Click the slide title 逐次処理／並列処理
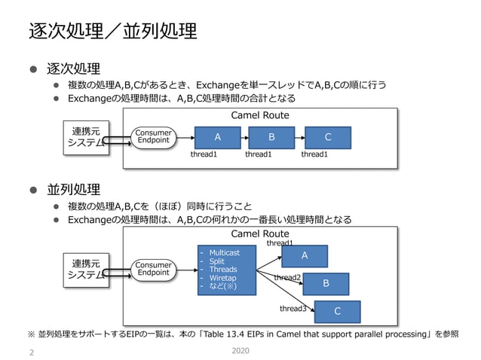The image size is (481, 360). click(x=113, y=31)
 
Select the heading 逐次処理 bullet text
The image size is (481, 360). click(x=74, y=69)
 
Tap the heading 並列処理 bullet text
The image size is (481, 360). click(x=74, y=188)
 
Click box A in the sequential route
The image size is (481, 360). click(x=218, y=137)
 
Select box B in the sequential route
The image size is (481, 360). click(x=271, y=137)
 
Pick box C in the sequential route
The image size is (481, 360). click(x=327, y=137)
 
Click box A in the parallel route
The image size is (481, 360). click(x=305, y=256)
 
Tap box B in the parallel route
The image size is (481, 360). click(x=326, y=283)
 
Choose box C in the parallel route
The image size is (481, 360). click(x=337, y=311)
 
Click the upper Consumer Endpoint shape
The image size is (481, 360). click(x=153, y=137)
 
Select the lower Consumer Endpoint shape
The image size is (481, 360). click(x=153, y=269)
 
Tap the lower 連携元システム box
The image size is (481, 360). click(x=86, y=269)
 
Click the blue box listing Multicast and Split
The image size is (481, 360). click(x=225, y=269)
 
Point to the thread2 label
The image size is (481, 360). click(x=287, y=278)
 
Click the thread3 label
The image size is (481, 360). click(x=293, y=309)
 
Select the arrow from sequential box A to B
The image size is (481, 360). click(x=245, y=137)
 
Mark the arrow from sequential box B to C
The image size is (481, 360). click(x=299, y=137)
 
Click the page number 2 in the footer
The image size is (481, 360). click(x=31, y=352)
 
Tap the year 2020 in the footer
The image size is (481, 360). click(x=240, y=351)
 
